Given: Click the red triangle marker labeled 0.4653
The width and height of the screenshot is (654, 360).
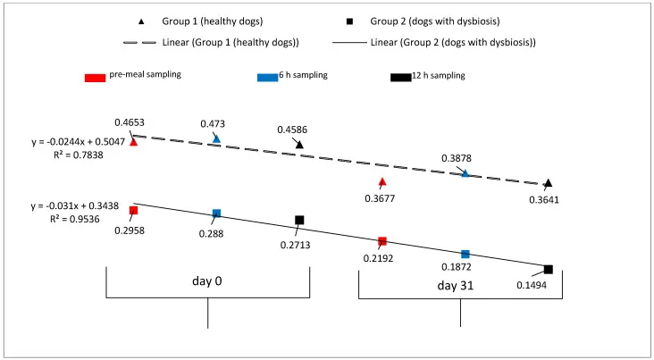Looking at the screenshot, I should point(133,141).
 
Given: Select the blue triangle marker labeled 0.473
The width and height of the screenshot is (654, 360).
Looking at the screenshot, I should point(216,139).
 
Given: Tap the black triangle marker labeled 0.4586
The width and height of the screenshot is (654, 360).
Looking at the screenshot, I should point(299,145).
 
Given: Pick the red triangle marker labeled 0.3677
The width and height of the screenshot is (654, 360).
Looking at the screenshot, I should point(382,182).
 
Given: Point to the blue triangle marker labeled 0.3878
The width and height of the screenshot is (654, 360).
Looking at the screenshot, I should point(465,173).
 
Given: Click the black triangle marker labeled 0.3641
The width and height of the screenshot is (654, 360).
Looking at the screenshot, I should point(548,183).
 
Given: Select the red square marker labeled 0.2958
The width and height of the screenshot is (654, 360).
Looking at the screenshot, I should point(133,211).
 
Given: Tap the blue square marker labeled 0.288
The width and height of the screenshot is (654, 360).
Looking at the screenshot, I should point(216,213).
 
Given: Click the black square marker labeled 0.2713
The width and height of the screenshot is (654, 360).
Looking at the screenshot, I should point(299,220).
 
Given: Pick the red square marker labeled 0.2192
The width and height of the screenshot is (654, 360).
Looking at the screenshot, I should point(382,241).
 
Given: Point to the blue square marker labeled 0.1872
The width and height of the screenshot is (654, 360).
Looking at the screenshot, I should point(465,255).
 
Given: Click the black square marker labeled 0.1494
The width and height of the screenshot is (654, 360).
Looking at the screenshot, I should point(548,269).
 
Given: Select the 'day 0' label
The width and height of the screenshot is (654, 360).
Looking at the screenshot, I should point(207,280).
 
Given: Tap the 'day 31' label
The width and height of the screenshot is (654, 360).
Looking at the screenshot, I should point(459,286).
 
